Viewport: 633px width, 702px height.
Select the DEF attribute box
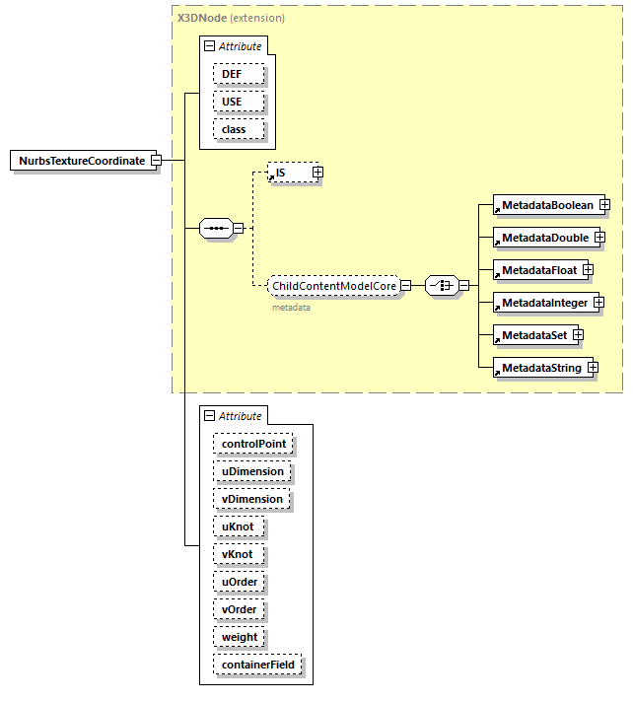[232, 74]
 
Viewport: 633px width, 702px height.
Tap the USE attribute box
[232, 102]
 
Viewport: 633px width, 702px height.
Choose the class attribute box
[234, 129]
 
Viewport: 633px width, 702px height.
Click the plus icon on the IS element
[317, 173]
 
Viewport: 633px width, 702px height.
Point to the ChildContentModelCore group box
[333, 286]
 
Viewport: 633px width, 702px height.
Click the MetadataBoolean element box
[546, 204]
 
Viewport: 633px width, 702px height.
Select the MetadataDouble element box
[544, 238]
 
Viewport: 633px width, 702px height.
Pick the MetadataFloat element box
[539, 269]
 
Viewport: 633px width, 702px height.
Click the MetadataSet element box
[533, 335]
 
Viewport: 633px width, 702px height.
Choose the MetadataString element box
[540, 368]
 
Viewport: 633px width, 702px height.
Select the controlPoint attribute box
[253, 444]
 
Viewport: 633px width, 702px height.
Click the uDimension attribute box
[252, 471]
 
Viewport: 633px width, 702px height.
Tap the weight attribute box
[240, 637]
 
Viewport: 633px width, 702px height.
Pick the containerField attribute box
[257, 665]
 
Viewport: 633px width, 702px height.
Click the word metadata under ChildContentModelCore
[291, 307]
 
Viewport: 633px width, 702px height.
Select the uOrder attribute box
[240, 582]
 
